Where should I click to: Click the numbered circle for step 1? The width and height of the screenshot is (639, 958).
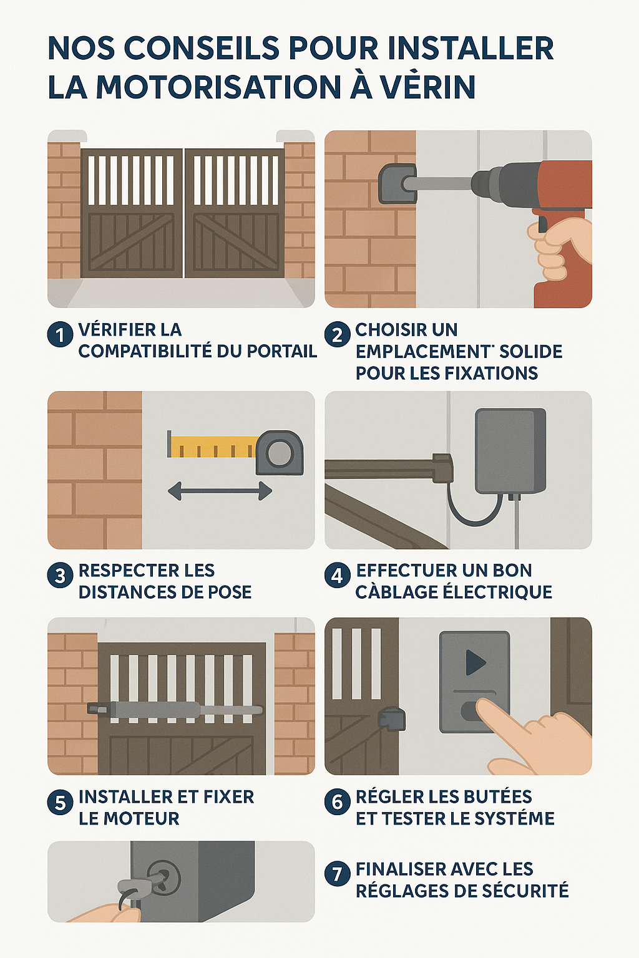tap(60, 335)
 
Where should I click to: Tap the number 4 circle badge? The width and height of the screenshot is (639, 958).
tap(337, 575)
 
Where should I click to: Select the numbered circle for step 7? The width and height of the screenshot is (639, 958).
tap(337, 873)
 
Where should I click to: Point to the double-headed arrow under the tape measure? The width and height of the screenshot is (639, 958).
tap(220, 491)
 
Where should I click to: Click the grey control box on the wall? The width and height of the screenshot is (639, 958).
tap(510, 451)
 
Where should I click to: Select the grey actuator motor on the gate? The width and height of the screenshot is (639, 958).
tap(175, 709)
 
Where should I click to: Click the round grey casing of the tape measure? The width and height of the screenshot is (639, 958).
tap(280, 452)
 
